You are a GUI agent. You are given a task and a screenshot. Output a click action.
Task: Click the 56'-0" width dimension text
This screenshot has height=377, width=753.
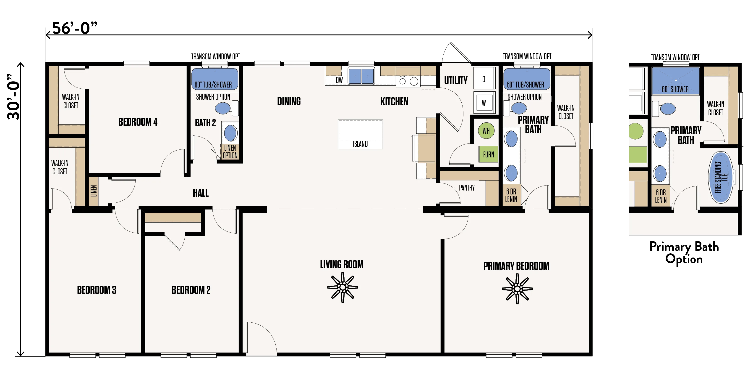click(75, 28)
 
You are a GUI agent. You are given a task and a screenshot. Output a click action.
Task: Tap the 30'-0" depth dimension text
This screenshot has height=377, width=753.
click(14, 97)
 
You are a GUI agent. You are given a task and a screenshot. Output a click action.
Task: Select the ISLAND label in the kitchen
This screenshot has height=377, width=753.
click(360, 144)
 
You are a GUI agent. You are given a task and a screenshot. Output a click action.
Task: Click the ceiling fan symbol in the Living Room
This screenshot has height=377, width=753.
click(343, 287)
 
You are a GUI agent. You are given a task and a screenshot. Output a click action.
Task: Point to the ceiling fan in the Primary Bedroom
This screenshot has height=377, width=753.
click(517, 289)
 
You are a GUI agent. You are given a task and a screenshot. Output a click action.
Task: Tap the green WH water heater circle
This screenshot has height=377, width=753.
click(486, 130)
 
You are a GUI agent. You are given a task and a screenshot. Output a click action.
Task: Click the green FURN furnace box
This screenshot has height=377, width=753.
click(489, 154)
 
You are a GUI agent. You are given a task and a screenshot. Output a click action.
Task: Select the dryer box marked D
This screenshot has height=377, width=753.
click(484, 78)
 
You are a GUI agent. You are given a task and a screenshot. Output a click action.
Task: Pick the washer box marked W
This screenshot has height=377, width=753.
click(484, 102)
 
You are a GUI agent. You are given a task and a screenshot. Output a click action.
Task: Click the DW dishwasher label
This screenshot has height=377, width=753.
click(339, 80)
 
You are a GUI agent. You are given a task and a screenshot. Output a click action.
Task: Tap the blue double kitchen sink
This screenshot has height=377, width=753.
click(361, 76)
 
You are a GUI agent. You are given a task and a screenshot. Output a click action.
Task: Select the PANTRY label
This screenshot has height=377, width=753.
click(467, 188)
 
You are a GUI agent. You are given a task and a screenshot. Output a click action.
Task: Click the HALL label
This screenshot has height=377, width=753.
click(201, 193)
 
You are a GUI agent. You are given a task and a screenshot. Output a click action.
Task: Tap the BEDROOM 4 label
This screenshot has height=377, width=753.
click(138, 122)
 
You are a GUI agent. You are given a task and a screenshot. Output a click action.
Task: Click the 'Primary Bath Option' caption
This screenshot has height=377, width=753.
click(684, 253)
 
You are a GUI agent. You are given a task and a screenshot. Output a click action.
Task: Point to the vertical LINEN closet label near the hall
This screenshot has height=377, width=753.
click(94, 191)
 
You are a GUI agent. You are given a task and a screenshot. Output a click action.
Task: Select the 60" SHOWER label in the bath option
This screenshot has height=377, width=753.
click(675, 89)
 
